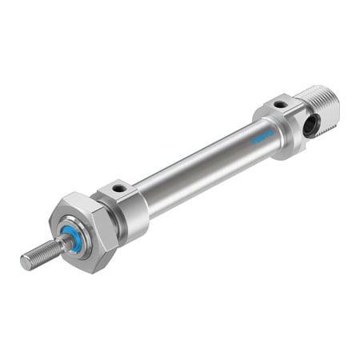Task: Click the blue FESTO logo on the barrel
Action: coord(262,135)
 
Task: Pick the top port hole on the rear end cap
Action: coord(280,106)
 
